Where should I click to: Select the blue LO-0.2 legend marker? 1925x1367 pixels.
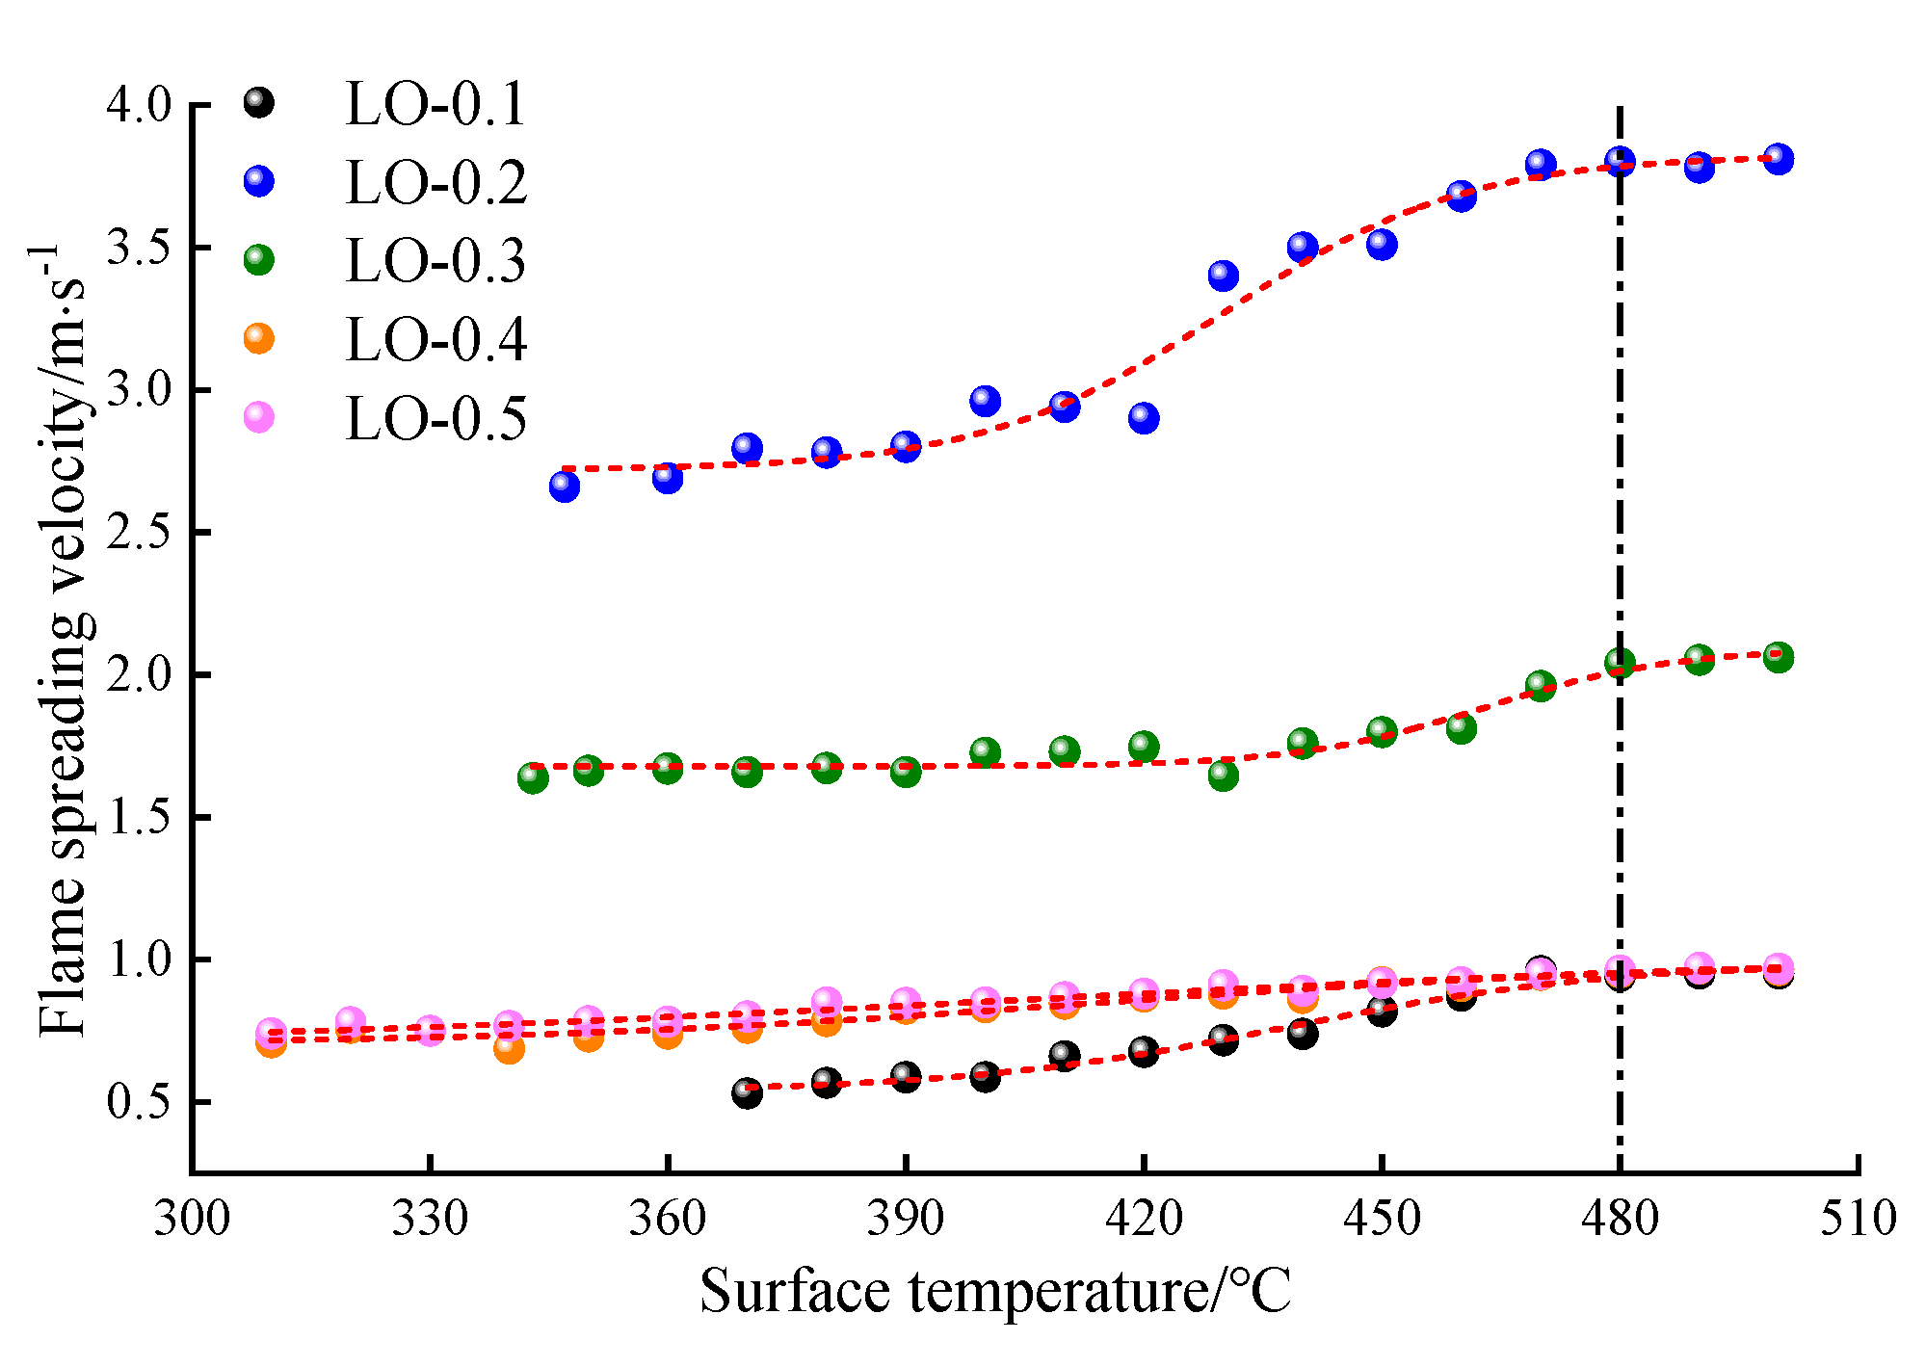259,181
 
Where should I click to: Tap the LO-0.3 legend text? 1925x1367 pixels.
435,261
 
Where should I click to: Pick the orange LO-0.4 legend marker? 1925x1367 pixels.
259,338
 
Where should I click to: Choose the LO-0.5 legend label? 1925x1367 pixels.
435,418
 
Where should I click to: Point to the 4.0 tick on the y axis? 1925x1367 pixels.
138,104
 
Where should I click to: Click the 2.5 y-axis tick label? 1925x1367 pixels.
138,533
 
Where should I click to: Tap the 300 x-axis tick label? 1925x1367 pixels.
192,1220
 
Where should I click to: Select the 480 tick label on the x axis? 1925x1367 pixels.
1620,1220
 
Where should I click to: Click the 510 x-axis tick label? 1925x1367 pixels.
1857,1220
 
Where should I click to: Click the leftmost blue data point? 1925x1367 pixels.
565,486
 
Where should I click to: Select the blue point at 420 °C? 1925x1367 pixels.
1144,418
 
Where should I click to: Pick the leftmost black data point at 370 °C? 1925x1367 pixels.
747,1092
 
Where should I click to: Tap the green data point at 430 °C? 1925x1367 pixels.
1223,775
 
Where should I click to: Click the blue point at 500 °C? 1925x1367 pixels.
1779,159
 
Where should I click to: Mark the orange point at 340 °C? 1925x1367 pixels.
509,1048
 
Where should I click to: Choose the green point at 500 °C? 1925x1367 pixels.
1779,658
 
